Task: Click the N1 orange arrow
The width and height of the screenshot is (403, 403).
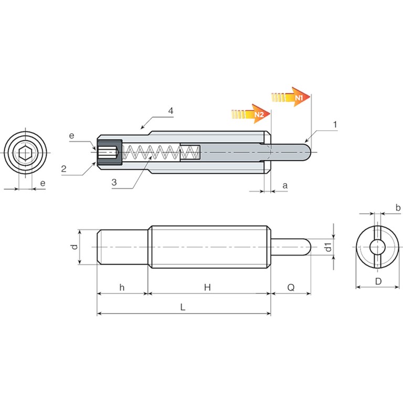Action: coord(291,97)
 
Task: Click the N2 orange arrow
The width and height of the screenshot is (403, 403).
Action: coord(251,114)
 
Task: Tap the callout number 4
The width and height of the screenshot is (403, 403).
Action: coord(171,111)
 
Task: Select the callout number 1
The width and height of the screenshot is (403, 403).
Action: coord(335,125)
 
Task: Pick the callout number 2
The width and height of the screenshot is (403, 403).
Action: coord(63,168)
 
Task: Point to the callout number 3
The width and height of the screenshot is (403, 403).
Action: coord(114,182)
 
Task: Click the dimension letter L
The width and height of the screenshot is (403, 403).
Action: coord(183,307)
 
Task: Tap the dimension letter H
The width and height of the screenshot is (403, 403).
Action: coord(207,287)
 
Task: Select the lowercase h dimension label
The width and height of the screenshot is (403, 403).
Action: coord(122,287)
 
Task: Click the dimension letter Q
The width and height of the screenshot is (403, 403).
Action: coord(291,288)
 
